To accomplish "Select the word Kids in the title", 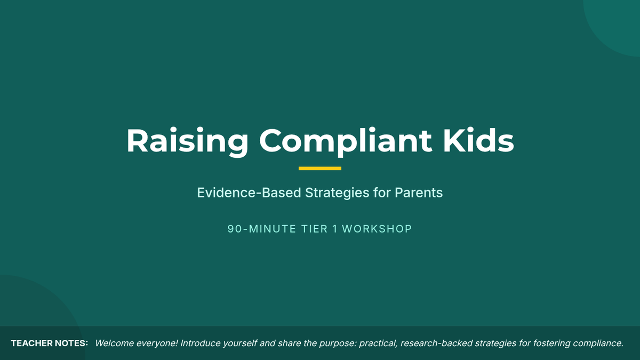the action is tap(478, 140).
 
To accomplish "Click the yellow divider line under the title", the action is tap(320, 169).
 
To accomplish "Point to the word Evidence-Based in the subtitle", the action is tap(249, 193).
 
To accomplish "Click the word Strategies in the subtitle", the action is tap(337, 193).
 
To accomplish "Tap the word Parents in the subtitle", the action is tap(419, 193).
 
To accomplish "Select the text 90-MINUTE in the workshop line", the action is tap(261, 229).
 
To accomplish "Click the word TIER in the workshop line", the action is tap(314, 229).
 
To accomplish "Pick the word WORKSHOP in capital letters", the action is tap(377, 229).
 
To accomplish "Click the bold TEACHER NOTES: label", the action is tap(50, 343).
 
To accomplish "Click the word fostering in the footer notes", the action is tap(551, 343).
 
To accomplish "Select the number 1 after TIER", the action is tap(335, 229).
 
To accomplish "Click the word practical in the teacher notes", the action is tap(378, 343).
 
